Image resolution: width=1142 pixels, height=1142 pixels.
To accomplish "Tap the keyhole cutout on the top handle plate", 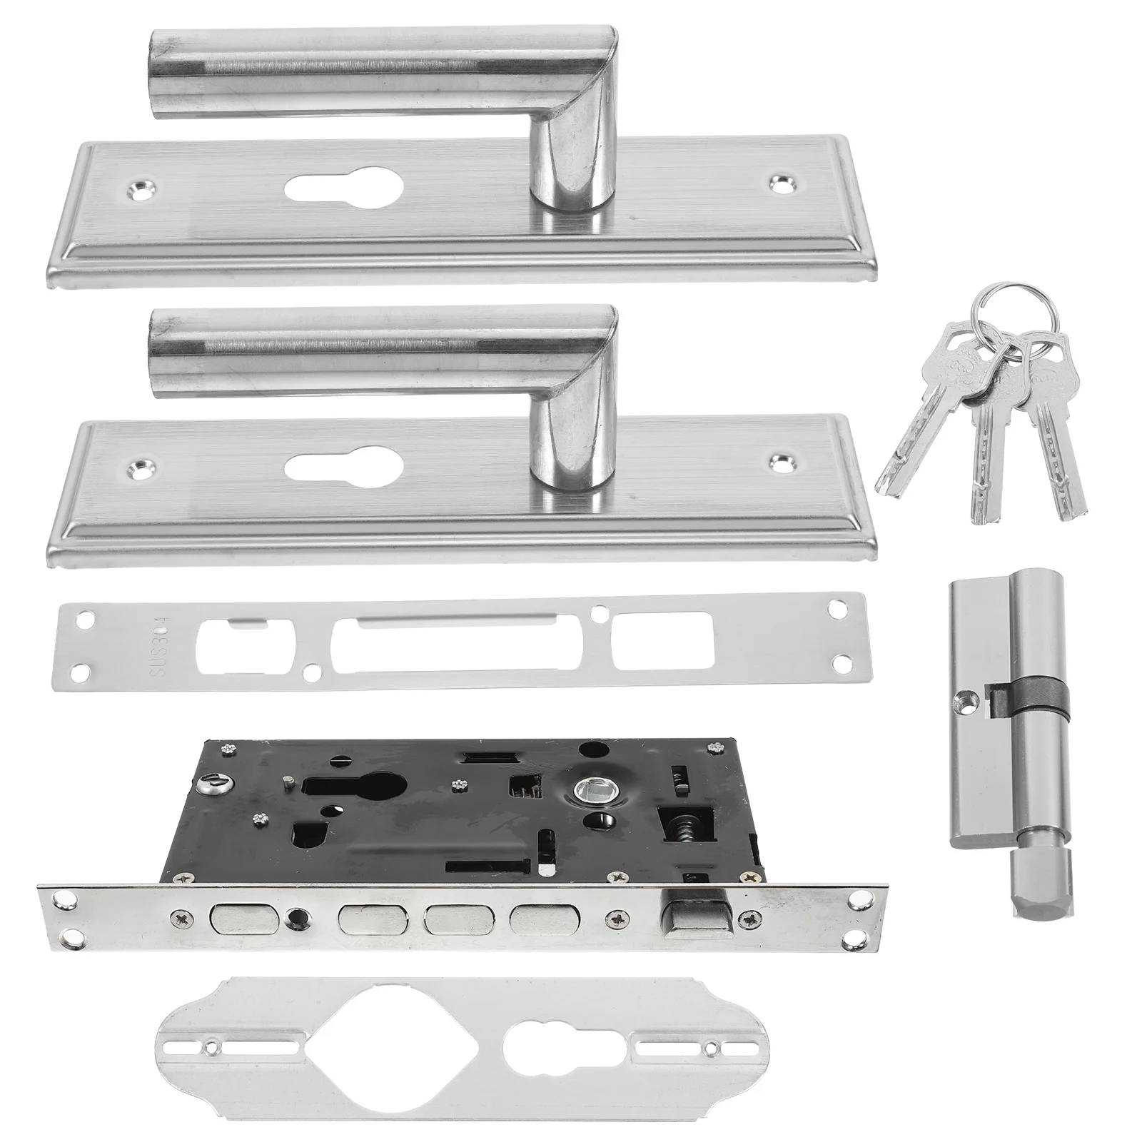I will tap(344, 189).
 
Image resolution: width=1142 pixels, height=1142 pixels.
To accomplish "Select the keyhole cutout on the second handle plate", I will tap(344, 468).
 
